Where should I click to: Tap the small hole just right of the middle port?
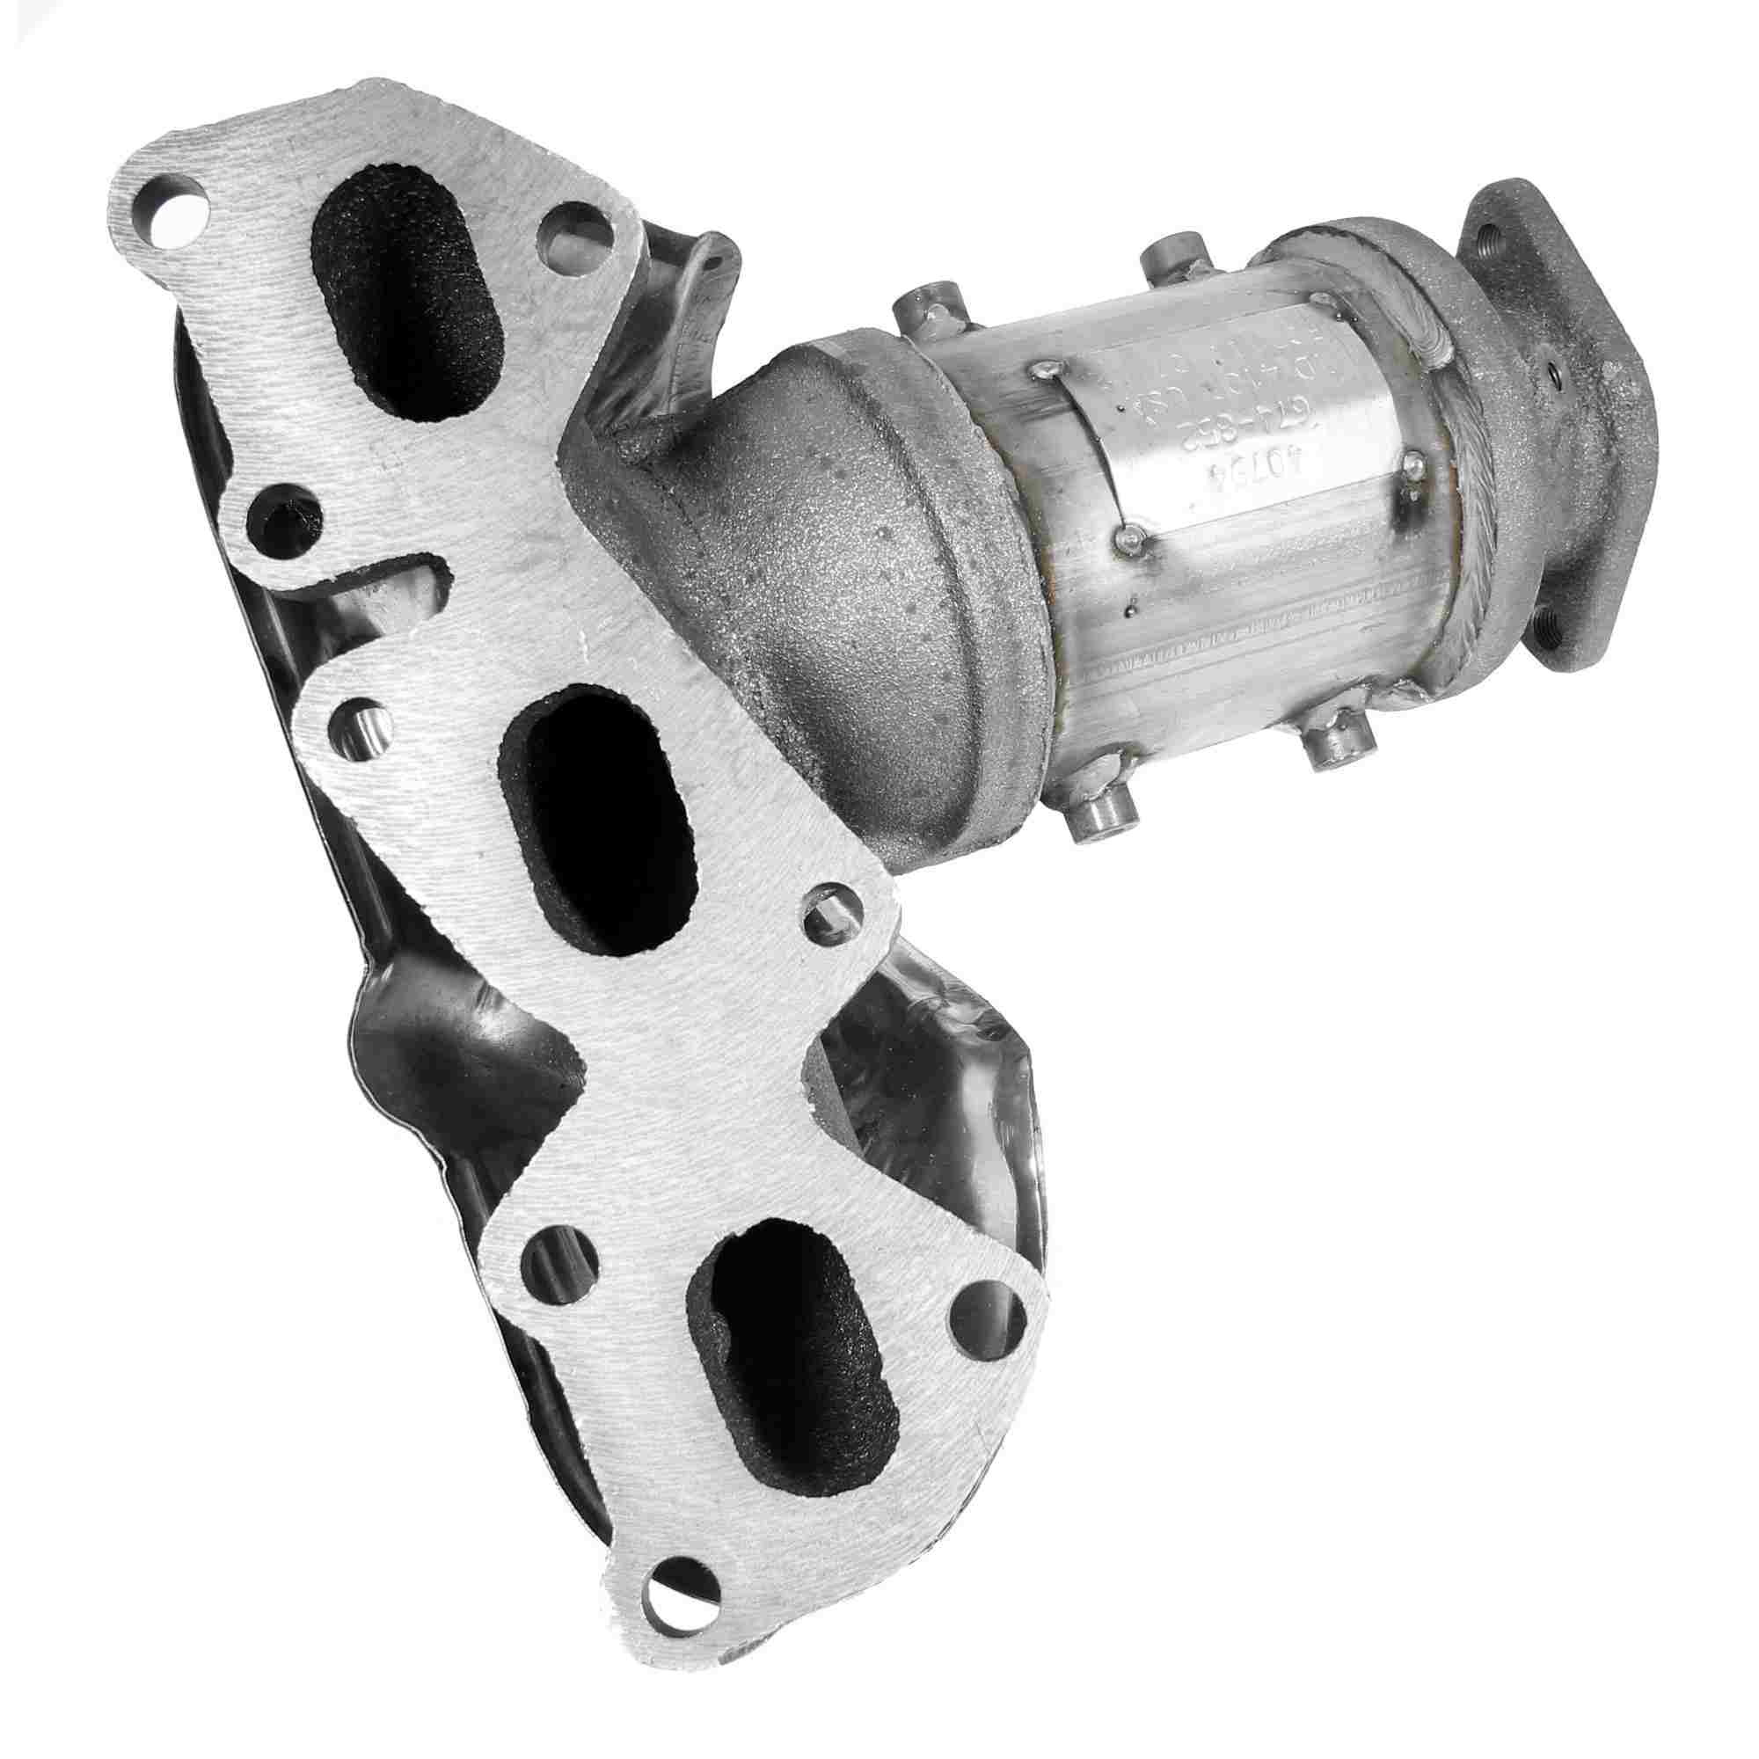click(830, 915)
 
